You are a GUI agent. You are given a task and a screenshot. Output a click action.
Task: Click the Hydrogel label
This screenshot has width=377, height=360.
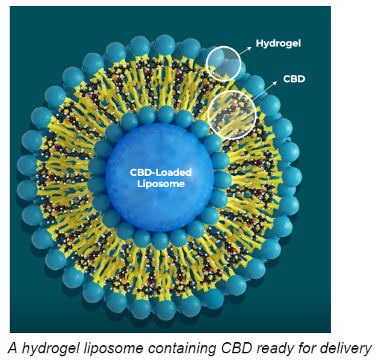278,44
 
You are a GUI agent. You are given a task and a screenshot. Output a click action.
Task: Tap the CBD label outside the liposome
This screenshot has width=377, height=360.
294,79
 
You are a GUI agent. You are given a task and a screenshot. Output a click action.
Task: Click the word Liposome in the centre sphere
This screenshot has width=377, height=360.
161,184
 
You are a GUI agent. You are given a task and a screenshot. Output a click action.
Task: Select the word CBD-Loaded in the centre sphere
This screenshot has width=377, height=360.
161,172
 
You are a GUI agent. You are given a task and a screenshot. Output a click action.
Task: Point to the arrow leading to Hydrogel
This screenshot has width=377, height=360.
245,51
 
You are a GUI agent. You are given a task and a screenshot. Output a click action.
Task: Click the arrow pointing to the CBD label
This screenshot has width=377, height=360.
264,91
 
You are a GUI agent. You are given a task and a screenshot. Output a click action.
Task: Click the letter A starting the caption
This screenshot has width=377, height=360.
13,348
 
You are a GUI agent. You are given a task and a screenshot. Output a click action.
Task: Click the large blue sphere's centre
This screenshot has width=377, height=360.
159,177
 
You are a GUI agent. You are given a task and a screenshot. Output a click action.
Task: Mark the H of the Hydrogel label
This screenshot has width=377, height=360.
259,43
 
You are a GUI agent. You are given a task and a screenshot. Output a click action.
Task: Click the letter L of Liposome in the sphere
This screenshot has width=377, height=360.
139,183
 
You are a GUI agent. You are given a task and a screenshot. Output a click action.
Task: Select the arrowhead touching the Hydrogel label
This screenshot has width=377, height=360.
250,48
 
